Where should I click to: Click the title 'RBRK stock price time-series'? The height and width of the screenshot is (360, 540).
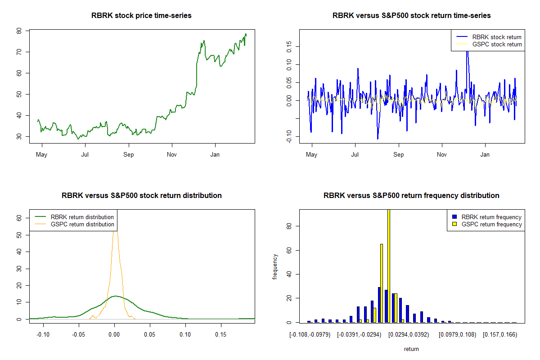pyautogui.click(x=141, y=16)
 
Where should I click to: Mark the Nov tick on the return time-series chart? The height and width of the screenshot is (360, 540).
pyautogui.click(x=442, y=154)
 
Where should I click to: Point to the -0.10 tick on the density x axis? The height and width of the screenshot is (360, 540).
pyautogui.click(x=43, y=334)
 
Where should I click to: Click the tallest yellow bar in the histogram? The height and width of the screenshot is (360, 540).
pyautogui.click(x=388, y=265)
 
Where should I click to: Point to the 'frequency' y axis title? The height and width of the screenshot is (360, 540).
pyautogui.click(x=275, y=266)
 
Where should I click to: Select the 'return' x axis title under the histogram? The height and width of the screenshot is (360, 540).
pyautogui.click(x=411, y=349)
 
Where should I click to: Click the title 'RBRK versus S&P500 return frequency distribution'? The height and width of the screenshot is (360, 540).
pyautogui.click(x=411, y=196)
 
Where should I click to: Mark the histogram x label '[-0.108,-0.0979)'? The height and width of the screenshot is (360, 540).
pyautogui.click(x=310, y=334)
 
